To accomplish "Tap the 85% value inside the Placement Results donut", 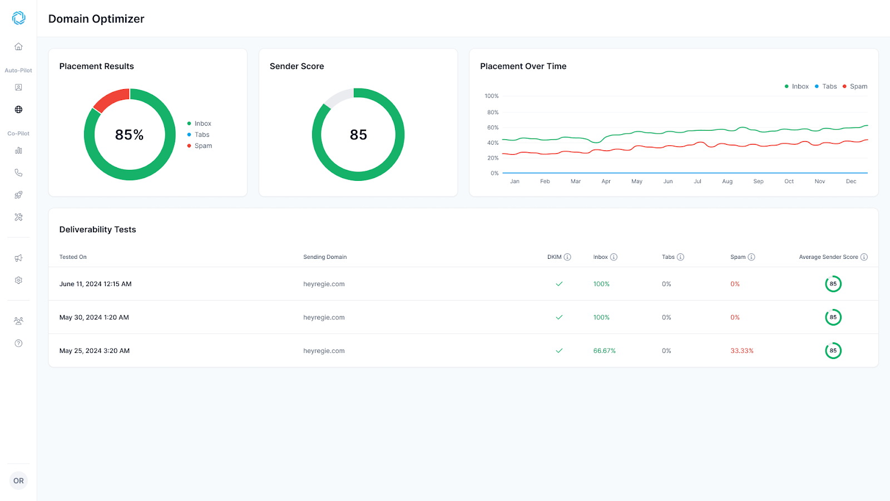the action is point(129,135).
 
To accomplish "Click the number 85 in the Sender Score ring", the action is point(358,135).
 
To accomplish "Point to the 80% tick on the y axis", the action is point(493,112).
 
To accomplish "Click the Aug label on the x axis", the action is point(727,181).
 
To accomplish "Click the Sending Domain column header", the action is point(325,257).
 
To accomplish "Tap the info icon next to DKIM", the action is point(567,257).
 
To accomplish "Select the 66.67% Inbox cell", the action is point(604,351).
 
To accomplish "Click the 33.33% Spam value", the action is point(742,351).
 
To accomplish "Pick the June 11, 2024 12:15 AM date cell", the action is point(95,284).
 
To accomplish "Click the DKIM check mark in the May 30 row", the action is point(559,317).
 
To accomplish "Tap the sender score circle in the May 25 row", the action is point(833,351).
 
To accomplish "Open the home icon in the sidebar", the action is point(19,47).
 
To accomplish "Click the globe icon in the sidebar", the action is point(19,109).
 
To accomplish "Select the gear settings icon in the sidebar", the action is point(19,281).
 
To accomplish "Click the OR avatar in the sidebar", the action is point(19,481).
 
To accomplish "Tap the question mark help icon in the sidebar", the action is point(19,343).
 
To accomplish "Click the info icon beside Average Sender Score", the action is point(864,257).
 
